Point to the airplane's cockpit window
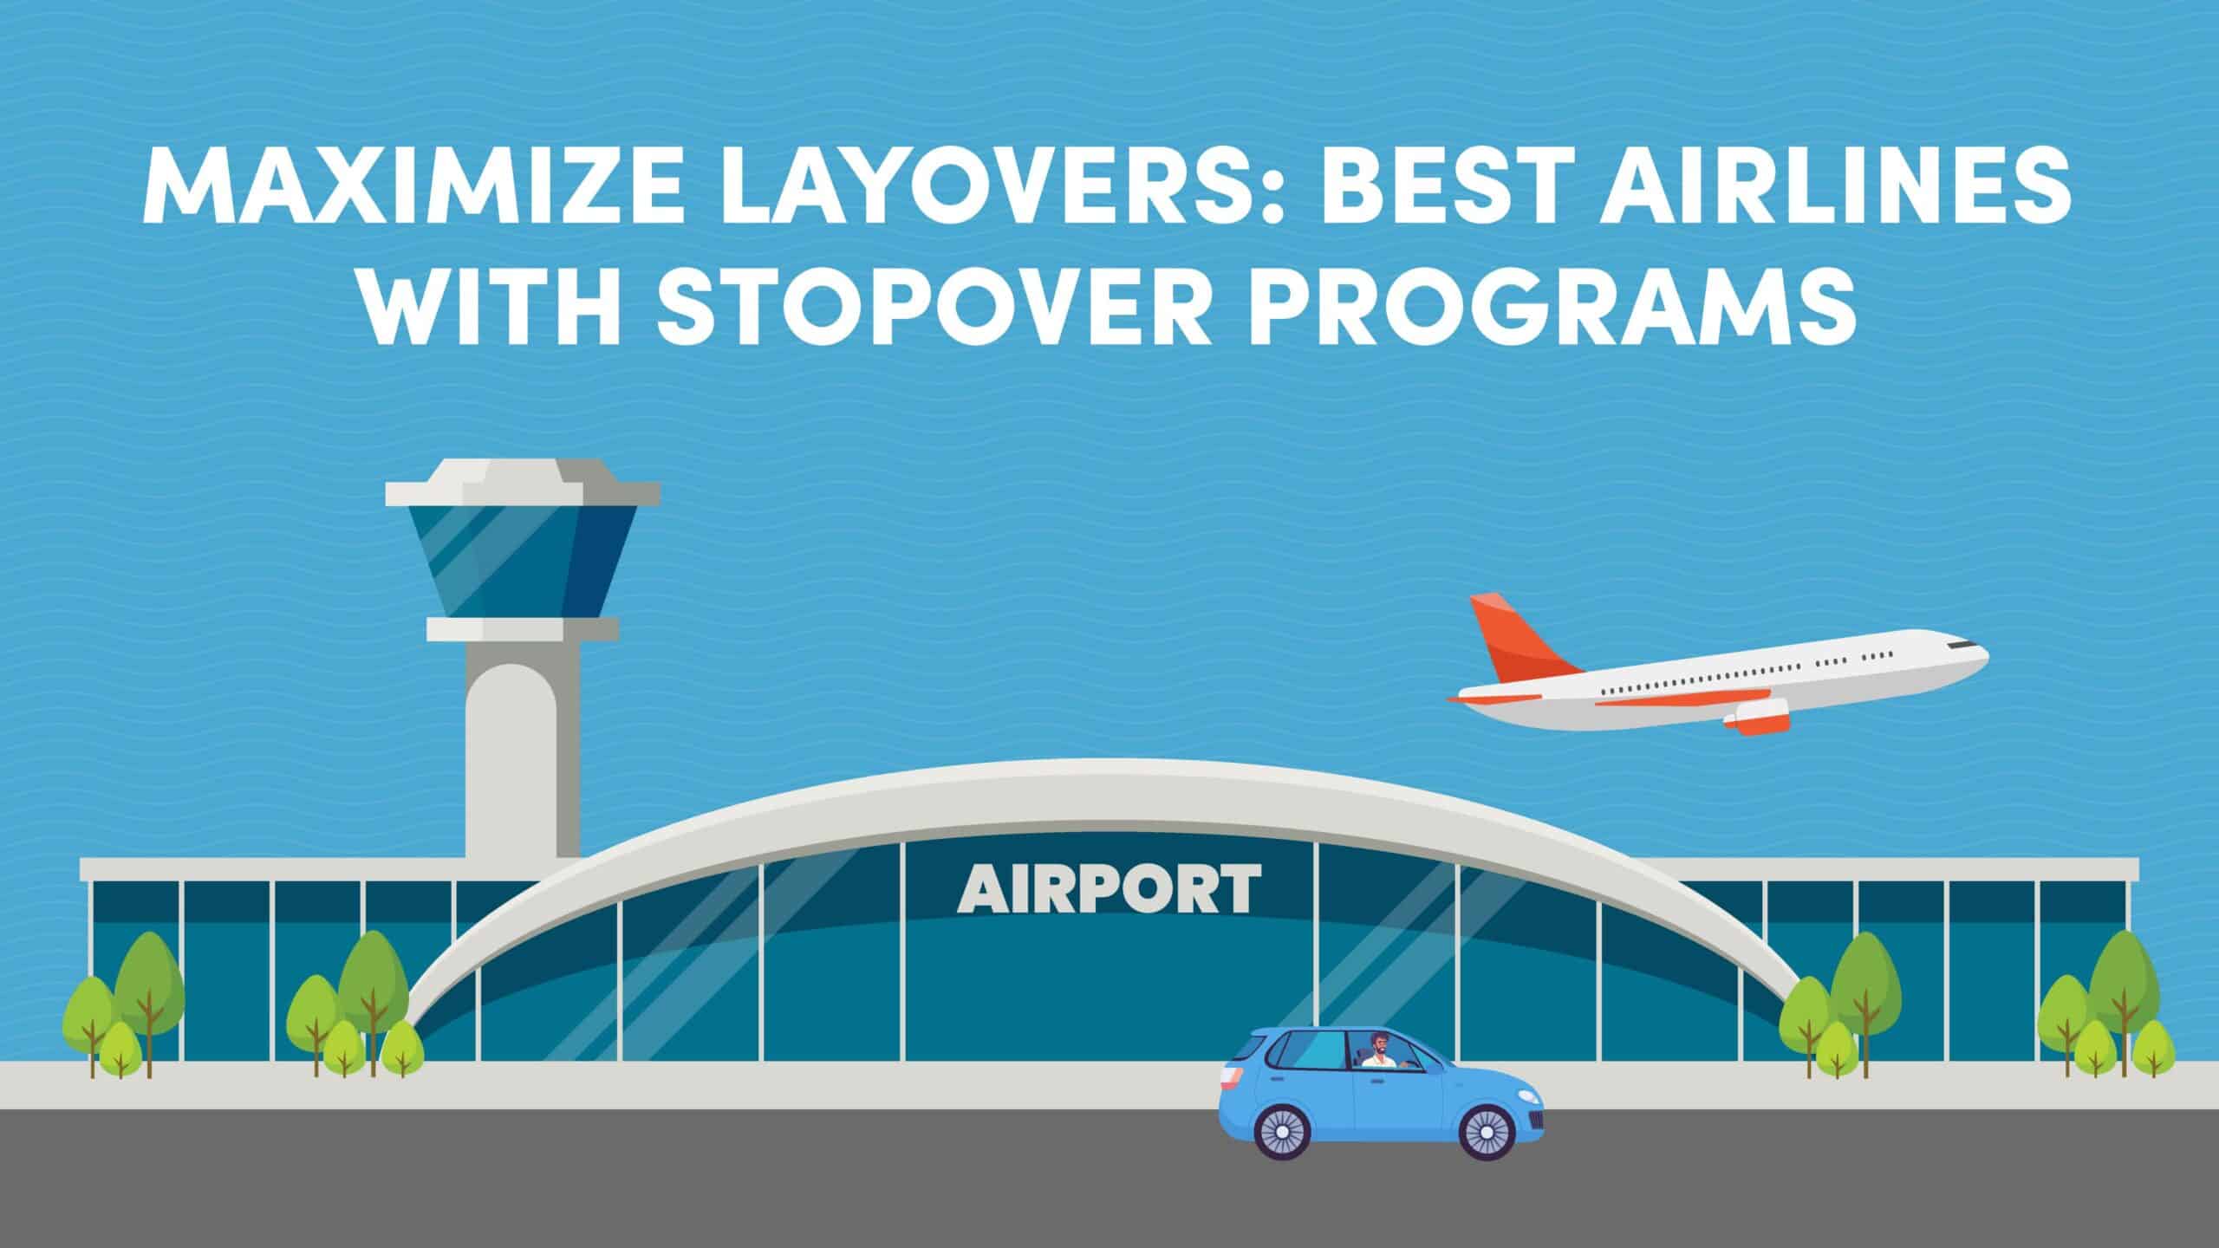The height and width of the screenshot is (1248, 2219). (x=1962, y=669)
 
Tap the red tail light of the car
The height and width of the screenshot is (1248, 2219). (x=1228, y=1080)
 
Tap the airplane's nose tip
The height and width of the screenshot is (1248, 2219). (x=1986, y=680)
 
